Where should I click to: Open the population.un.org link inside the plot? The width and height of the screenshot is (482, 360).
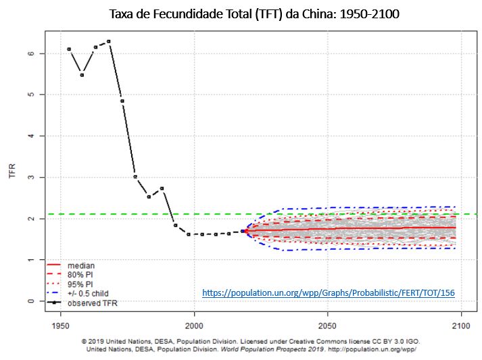click(329, 293)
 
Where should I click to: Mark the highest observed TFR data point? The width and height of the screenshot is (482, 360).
click(108, 41)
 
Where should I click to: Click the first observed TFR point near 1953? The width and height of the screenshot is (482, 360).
click(69, 49)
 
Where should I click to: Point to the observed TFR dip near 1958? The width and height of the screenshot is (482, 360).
click(82, 74)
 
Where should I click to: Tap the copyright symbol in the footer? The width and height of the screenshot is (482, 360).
click(83, 341)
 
